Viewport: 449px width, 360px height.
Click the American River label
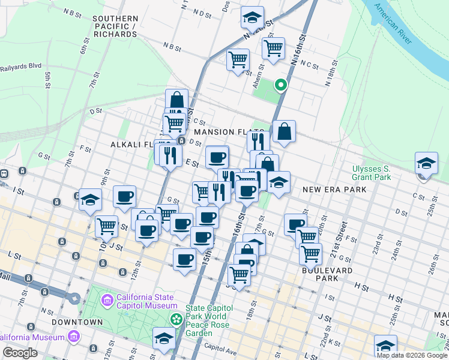pyautogui.click(x=393, y=24)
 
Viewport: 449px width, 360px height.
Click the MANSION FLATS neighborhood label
pyautogui.click(x=228, y=131)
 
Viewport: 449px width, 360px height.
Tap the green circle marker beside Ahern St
pyautogui.click(x=280, y=85)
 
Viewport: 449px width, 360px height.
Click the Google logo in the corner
pyautogui.click(x=20, y=352)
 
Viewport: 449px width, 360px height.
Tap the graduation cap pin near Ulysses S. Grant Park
pyautogui.click(x=426, y=163)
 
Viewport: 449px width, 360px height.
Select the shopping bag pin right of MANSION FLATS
pyautogui.click(x=284, y=131)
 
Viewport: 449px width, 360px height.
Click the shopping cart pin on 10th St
pyautogui.click(x=106, y=226)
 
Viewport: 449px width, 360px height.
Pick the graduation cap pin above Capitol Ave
pyautogui.click(x=164, y=338)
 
